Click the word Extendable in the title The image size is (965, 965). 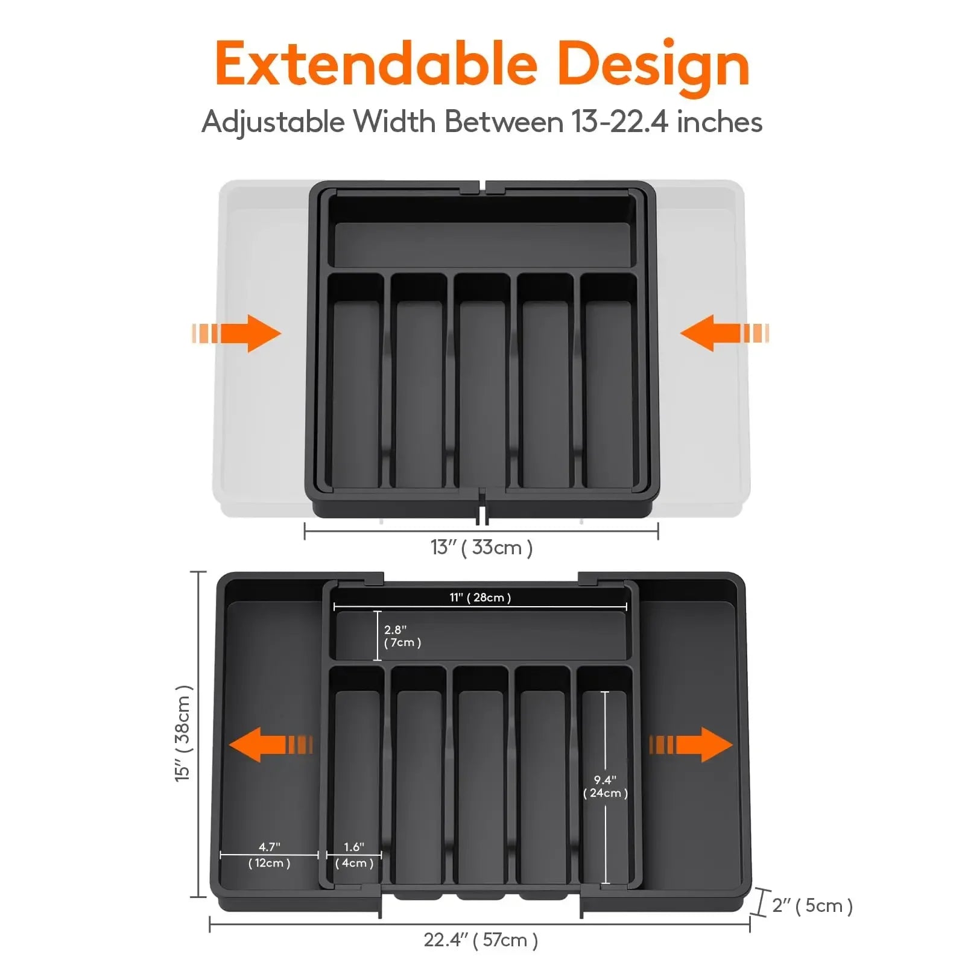point(375,65)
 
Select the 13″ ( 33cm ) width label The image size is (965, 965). point(481,548)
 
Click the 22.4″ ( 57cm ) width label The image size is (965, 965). point(481,940)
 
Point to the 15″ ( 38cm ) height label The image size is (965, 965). point(183,733)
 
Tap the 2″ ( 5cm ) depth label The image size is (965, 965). point(812,905)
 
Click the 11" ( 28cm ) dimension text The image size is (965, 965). point(480,597)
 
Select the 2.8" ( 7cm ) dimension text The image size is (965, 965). point(402,636)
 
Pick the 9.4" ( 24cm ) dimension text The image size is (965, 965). point(605,786)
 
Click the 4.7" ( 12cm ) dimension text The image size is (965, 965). point(269,855)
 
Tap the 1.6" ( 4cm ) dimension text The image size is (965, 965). point(354,855)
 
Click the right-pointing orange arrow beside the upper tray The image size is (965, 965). point(237,333)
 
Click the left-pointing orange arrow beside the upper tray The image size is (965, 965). point(724,333)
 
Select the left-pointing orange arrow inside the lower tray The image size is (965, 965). point(270,744)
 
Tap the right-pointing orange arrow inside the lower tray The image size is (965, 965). point(691,744)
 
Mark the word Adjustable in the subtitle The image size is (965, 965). point(273,123)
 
